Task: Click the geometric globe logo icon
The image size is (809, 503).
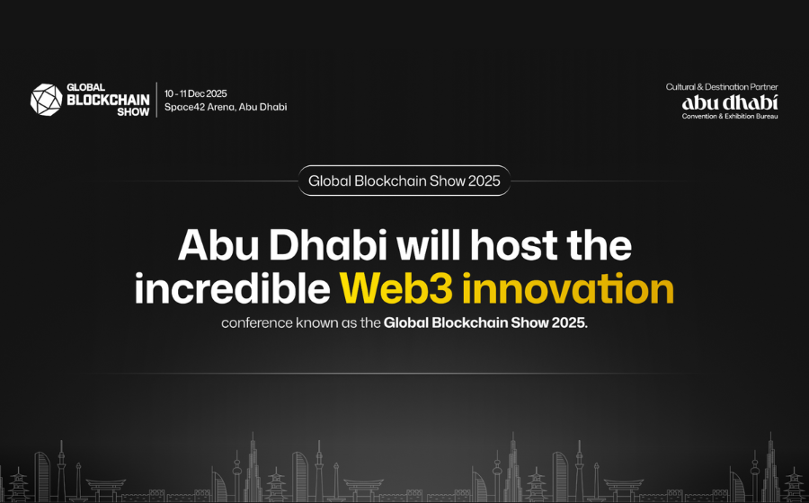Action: [x=47, y=100]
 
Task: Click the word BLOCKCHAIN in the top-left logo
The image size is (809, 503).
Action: [x=109, y=100]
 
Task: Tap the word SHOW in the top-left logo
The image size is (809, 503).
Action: [x=133, y=112]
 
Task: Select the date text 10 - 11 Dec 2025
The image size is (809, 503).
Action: [x=196, y=93]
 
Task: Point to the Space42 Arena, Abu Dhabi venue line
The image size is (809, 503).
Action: [x=226, y=107]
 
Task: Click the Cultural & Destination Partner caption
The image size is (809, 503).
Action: [x=722, y=87]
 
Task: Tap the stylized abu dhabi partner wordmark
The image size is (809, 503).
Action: [x=730, y=102]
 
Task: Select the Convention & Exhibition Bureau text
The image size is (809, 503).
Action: [x=730, y=117]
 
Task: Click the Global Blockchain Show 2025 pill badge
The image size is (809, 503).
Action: [x=404, y=181]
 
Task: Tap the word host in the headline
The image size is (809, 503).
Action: [x=513, y=245]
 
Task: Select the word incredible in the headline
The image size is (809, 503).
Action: [x=232, y=288]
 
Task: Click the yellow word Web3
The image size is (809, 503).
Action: [x=396, y=288]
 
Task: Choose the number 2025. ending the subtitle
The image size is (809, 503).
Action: [x=570, y=323]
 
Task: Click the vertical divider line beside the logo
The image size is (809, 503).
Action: [x=156, y=100]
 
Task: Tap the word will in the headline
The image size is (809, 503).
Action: [x=428, y=245]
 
